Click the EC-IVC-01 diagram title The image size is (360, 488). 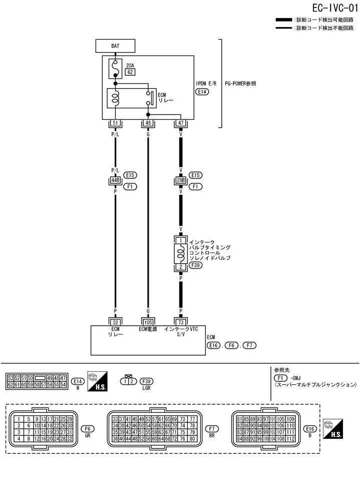[x=329, y=8]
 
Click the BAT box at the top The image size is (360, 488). [x=115, y=47]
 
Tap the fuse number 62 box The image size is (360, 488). [x=130, y=72]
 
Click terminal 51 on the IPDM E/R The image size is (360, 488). [x=115, y=123]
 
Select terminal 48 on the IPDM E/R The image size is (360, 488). [x=148, y=123]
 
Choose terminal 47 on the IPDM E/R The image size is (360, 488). [x=180, y=123]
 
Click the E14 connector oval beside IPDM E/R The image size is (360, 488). [x=203, y=92]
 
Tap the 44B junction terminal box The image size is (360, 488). [x=115, y=180]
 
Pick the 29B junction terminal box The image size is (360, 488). [x=180, y=180]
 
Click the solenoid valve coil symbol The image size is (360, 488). [x=180, y=254]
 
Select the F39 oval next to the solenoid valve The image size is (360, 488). [x=196, y=266]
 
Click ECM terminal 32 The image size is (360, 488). [x=115, y=322]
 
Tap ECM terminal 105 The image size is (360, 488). [x=148, y=322]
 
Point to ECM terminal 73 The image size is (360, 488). [x=180, y=322]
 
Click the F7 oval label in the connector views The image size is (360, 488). [x=211, y=429]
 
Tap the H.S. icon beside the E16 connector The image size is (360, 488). [x=333, y=429]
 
